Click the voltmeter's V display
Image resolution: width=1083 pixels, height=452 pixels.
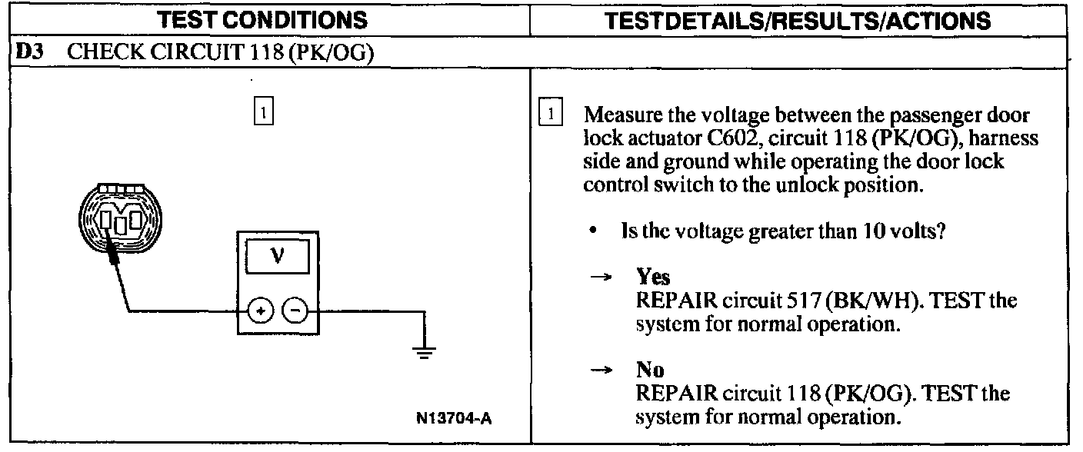click(279, 257)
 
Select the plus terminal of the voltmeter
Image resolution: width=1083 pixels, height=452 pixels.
click(260, 311)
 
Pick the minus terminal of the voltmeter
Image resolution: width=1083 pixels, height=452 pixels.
click(295, 311)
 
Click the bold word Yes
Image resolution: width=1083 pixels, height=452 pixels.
click(653, 279)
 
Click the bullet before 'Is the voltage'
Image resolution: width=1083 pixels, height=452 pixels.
click(598, 231)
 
